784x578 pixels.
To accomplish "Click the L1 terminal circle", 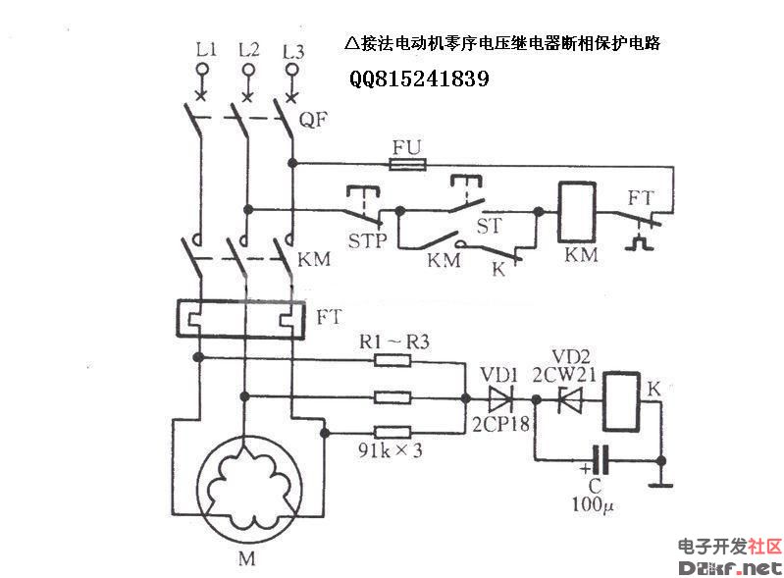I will click(202, 71).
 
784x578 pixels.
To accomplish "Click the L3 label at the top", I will click(292, 49).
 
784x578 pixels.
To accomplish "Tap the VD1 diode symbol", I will click(499, 399).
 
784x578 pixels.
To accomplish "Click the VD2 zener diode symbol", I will click(570, 399).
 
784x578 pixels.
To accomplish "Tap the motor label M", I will click(245, 559).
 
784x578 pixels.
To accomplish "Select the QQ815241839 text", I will click(419, 79).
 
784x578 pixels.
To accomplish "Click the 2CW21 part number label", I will click(559, 374).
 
